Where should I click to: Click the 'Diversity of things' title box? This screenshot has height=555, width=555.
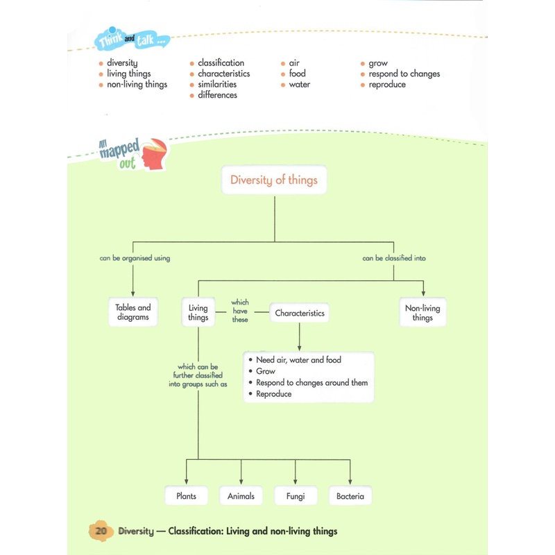click(274, 180)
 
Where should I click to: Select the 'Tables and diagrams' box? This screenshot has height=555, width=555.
click(133, 311)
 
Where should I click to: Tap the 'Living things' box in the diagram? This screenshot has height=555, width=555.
click(198, 312)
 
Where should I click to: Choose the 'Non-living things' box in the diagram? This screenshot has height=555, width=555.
click(422, 312)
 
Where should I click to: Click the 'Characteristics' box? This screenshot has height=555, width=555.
click(300, 313)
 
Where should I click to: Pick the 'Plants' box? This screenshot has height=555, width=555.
click(186, 495)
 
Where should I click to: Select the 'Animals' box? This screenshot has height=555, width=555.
click(241, 495)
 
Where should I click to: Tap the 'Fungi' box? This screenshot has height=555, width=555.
click(296, 495)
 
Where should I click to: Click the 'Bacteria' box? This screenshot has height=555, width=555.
click(350, 495)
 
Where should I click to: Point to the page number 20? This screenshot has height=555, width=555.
click(101, 531)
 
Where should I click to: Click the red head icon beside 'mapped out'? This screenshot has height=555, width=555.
click(154, 153)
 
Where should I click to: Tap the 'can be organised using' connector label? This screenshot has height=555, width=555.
click(135, 258)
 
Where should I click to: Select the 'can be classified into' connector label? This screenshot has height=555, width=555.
click(394, 258)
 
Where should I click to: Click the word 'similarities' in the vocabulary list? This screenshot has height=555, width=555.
click(217, 84)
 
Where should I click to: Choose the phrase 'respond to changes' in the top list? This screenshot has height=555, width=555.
click(404, 74)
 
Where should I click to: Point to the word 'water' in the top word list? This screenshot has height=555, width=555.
click(300, 85)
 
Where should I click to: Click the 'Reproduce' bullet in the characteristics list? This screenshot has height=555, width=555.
click(273, 394)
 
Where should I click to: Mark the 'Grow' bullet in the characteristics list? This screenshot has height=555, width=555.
click(266, 371)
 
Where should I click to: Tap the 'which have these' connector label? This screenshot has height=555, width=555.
click(240, 311)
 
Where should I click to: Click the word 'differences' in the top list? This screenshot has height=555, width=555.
click(217, 95)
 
